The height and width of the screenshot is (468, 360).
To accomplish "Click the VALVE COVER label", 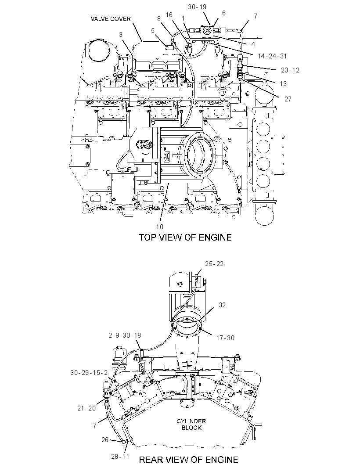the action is [x=111, y=18].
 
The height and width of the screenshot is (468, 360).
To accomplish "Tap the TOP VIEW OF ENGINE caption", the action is [x=185, y=237].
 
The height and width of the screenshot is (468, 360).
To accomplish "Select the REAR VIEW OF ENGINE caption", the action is [x=189, y=460].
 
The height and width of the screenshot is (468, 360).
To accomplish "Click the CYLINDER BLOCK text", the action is [x=191, y=424].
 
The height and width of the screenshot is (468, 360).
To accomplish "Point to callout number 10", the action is [x=160, y=227].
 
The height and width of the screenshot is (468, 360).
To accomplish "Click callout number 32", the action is [x=222, y=305].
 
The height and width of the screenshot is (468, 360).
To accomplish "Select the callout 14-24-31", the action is [x=272, y=56].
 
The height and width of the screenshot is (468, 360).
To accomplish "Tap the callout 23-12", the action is [x=290, y=70].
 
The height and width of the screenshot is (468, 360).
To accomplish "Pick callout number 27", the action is [x=288, y=99].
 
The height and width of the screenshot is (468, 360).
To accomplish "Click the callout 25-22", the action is [x=214, y=263].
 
